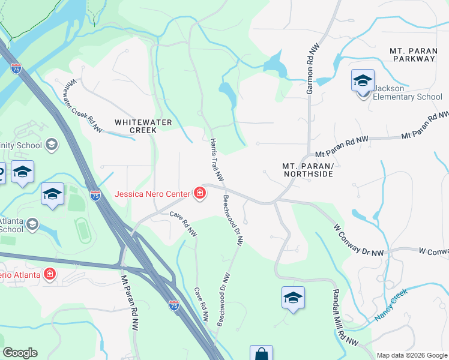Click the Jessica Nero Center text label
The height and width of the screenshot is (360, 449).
point(152,194)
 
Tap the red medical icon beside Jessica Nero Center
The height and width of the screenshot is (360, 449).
point(199,193)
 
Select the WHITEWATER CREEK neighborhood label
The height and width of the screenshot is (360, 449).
point(143,126)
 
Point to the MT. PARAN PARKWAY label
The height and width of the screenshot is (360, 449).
point(412,55)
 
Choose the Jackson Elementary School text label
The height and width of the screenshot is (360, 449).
point(408,92)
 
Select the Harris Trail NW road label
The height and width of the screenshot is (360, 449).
point(216,160)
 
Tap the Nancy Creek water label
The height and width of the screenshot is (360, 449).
point(391,305)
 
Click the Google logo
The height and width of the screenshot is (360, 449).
point(20,353)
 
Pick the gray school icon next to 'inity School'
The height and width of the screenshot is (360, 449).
point(52,145)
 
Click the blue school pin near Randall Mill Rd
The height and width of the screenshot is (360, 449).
point(292,298)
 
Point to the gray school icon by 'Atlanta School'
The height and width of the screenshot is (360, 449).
point(32,224)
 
